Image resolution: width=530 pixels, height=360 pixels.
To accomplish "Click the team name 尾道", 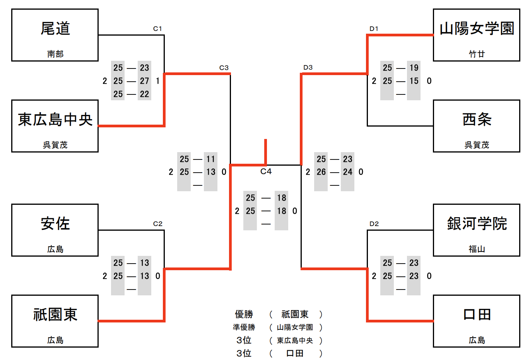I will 55,29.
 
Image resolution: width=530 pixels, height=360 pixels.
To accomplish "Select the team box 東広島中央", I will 55,126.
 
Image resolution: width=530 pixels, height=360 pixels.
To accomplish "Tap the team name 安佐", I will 55,224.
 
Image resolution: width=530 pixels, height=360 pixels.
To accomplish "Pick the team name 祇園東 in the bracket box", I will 55,315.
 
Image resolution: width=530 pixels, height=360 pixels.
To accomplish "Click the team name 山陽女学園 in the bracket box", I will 477,29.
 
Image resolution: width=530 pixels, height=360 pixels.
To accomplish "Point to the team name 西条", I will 477,120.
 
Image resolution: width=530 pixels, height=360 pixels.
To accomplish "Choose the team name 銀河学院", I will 477,224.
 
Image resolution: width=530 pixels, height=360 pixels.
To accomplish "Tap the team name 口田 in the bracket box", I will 477,315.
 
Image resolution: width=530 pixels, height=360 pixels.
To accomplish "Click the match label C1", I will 157,29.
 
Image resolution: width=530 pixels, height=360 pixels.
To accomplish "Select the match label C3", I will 224,68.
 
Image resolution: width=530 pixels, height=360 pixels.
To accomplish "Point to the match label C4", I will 266,171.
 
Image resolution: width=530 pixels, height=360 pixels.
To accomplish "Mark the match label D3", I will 308,67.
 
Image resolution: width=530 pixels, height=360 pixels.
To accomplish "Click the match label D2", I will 374,224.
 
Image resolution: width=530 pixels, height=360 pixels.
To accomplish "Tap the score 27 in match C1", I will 144,81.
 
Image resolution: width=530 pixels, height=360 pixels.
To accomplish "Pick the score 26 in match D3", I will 321,172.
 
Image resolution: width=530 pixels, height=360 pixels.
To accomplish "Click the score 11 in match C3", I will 210,159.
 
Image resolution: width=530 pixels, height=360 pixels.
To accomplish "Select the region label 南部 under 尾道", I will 55,54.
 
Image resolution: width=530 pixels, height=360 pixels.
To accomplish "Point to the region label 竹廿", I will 477,54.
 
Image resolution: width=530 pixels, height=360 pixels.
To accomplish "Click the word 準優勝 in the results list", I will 244,327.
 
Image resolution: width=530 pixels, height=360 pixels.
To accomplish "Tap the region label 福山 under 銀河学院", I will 477,249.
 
